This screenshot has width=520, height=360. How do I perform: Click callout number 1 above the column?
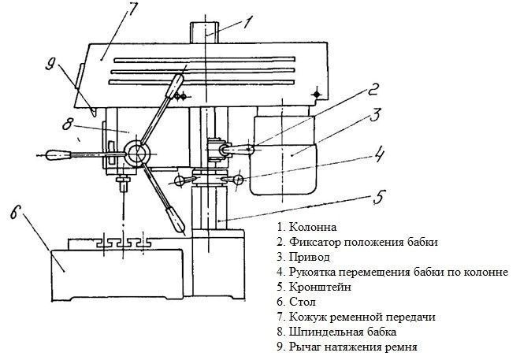(x=248, y=20)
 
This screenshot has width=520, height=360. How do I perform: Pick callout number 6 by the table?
(x=17, y=213)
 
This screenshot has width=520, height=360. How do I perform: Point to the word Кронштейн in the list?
(x=319, y=287)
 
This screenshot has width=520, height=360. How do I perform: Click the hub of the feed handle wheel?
(x=139, y=153)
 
